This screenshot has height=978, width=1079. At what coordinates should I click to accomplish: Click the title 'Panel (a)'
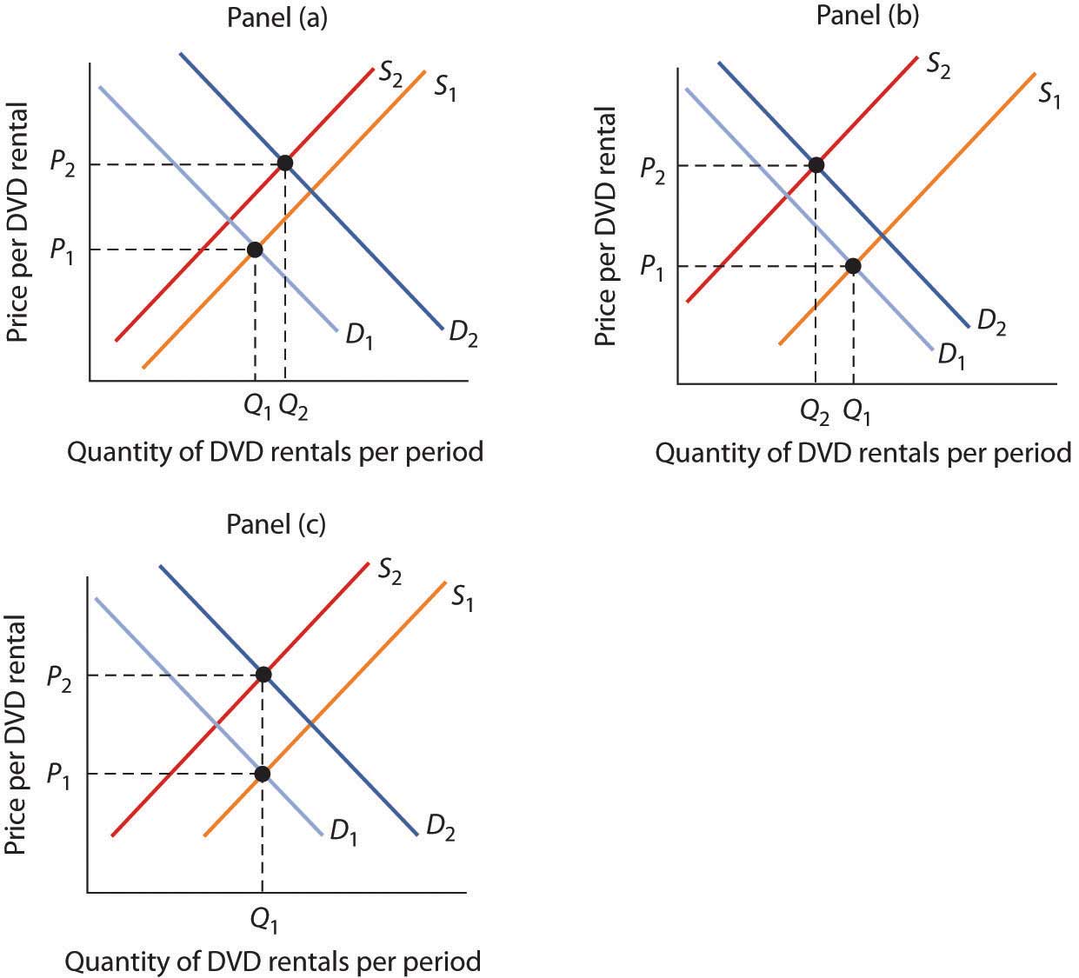click(276, 18)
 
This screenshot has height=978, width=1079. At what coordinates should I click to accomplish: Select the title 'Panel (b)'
click(867, 15)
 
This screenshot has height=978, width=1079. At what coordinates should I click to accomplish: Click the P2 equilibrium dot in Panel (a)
click(284, 163)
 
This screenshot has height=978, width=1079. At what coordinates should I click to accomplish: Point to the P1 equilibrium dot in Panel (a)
click(255, 249)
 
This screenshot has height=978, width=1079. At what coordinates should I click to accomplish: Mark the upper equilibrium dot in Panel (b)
click(816, 165)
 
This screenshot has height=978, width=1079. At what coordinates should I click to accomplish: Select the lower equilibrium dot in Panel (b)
click(853, 266)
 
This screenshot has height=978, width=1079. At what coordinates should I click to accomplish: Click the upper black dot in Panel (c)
click(263, 675)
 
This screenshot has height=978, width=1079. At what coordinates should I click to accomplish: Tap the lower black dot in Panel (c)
click(263, 774)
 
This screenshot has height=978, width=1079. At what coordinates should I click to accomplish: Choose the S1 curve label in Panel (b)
click(1049, 95)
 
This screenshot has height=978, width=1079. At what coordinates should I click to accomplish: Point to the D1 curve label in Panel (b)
click(951, 354)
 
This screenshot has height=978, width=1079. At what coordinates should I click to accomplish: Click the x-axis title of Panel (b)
click(863, 454)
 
